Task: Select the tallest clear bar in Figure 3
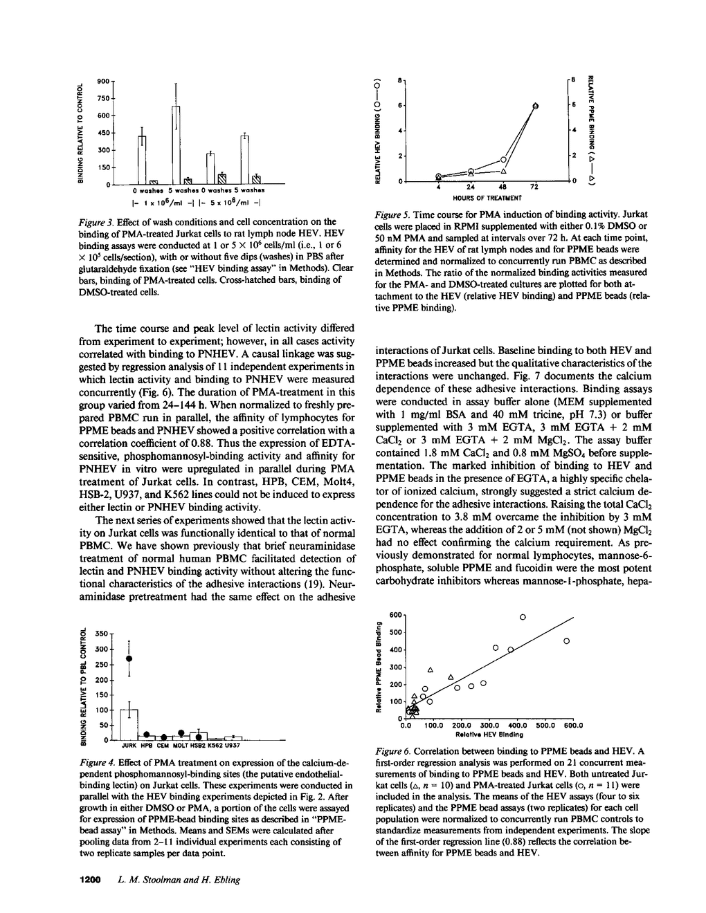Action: tap(176, 145)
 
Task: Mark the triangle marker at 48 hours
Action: tap(504, 171)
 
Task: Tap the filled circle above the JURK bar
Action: tap(129, 658)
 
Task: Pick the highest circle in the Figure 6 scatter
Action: tap(523, 616)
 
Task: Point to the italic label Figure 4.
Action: tap(98, 762)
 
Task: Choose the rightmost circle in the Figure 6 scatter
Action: tap(566, 641)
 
